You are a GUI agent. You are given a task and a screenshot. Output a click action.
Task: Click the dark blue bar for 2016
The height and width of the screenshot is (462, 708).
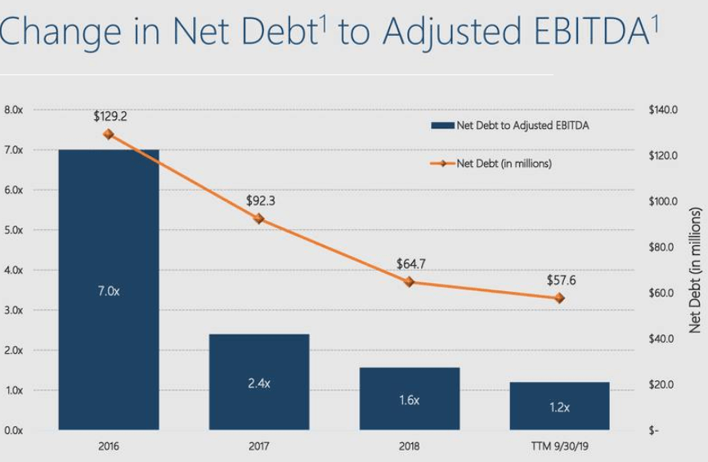109,289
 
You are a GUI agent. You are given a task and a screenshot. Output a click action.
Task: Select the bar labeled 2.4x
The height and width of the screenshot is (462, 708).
259,382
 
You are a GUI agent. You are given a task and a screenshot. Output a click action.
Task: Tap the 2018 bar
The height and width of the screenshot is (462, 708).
410,399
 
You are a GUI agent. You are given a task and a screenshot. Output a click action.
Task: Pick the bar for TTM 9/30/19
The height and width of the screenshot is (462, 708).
559,406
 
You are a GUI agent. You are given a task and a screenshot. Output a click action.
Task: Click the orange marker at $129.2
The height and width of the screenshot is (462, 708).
109,134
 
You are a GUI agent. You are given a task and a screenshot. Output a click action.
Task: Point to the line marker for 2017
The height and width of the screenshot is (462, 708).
258,218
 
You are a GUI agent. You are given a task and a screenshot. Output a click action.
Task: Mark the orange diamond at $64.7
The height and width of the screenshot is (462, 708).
409,282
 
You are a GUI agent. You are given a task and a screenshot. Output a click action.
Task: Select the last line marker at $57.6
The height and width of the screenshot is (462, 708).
559,298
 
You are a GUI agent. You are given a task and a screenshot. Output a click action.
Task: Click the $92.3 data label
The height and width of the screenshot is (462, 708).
261,200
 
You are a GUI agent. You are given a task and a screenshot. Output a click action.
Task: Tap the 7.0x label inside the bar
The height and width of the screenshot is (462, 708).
109,291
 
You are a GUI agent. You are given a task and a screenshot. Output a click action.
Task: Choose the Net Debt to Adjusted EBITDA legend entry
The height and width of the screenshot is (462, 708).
510,126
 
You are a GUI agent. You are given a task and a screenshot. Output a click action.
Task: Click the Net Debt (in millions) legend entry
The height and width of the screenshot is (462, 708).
491,164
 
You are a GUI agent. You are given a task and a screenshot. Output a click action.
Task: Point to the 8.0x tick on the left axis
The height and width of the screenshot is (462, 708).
14,110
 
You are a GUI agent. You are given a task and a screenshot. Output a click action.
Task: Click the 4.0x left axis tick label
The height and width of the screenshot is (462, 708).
14,270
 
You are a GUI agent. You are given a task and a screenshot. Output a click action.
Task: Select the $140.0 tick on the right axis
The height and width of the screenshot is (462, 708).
663,110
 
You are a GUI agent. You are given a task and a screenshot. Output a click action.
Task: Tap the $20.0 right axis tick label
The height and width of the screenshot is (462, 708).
661,384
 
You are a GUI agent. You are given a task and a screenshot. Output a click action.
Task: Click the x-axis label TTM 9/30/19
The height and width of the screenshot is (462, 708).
560,446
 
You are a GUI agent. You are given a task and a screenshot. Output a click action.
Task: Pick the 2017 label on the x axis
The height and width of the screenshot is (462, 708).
259,446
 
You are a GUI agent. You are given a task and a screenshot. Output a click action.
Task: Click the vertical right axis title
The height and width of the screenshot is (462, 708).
695,270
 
